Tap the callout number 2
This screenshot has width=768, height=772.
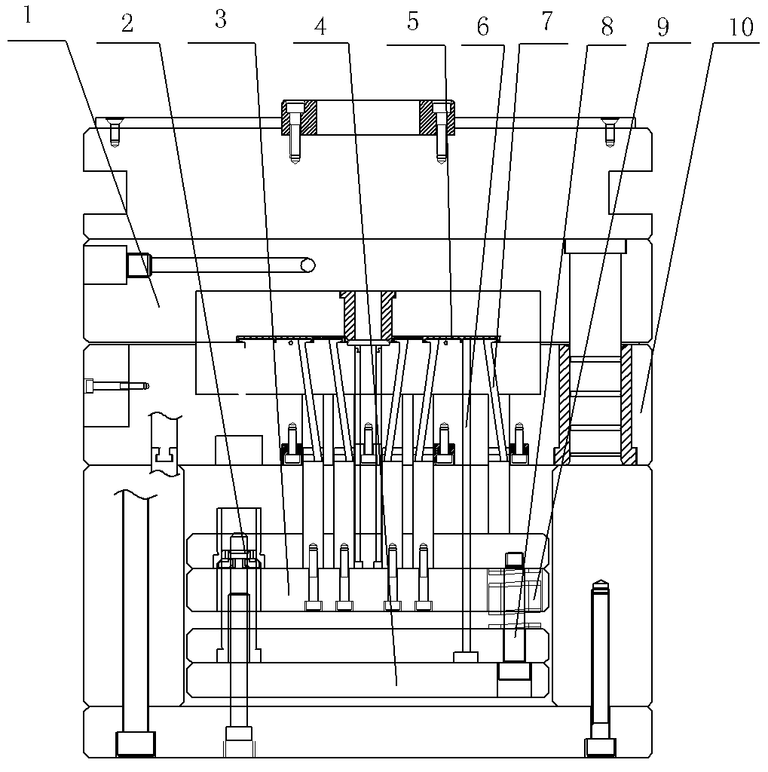pyautogui.click(x=127, y=23)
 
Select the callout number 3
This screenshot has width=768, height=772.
pyautogui.click(x=221, y=19)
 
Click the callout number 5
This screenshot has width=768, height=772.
pyautogui.click(x=412, y=22)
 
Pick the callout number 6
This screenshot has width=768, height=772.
pyautogui.click(x=482, y=28)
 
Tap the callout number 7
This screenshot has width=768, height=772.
pyautogui.click(x=547, y=22)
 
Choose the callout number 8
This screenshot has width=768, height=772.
pyautogui.click(x=607, y=27)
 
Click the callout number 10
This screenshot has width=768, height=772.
pyautogui.click(x=741, y=27)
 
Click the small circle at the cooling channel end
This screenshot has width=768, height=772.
pyautogui.click(x=308, y=265)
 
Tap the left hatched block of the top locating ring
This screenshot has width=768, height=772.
pyautogui.click(x=298, y=118)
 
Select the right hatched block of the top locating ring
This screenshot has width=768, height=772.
pyautogui.click(x=436, y=118)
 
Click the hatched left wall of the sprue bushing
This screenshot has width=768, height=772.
pyautogui.click(x=349, y=314)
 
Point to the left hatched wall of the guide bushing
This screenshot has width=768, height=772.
pyautogui.click(x=563, y=405)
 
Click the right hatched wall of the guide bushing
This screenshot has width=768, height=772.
pyautogui.click(x=628, y=405)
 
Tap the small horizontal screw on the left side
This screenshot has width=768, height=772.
pyautogui.click(x=117, y=386)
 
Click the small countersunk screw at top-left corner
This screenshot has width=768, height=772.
pyautogui.click(x=115, y=132)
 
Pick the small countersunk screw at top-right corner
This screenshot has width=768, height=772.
pyautogui.click(x=610, y=132)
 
